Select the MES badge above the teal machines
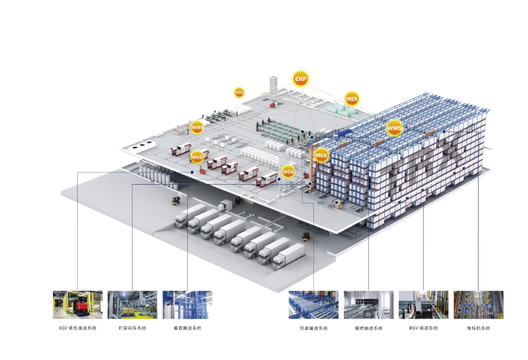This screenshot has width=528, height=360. (x=352, y=99)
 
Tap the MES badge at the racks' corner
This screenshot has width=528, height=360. (x=321, y=156)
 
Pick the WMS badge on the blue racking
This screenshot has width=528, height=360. (x=394, y=128)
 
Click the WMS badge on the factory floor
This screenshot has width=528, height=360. (x=197, y=128)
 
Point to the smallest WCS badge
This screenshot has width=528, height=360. (x=239, y=92)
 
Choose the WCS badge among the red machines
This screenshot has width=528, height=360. (x=197, y=157)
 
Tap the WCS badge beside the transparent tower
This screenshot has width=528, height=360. (x=288, y=171)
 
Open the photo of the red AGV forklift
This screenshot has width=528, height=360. (x=78, y=305)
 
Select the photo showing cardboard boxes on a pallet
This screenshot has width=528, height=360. (x=132, y=305)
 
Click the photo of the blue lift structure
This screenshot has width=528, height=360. (x=187, y=305)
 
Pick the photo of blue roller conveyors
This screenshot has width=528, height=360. (x=313, y=305)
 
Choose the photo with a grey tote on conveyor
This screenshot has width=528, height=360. (x=368, y=305)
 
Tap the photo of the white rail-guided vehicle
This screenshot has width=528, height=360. (x=423, y=305)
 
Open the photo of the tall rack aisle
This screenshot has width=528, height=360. (x=478, y=305)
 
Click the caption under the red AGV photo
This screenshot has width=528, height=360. (x=78, y=328)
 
